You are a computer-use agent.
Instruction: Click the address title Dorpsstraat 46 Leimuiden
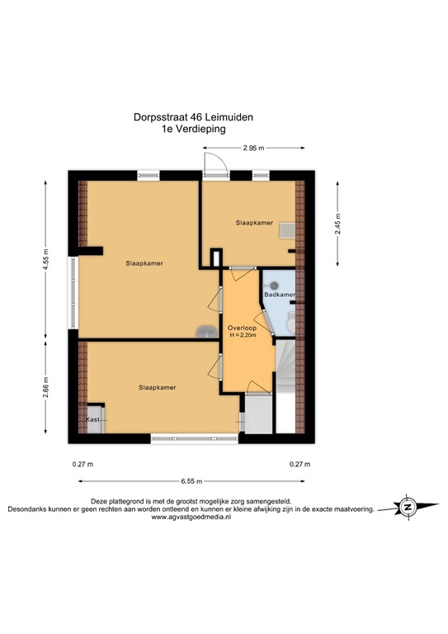click(x=194, y=117)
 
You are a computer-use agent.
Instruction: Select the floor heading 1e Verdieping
click(x=194, y=129)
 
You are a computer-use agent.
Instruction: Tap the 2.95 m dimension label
click(x=253, y=149)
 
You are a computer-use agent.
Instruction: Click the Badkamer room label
click(x=279, y=295)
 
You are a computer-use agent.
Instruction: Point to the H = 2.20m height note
click(x=242, y=336)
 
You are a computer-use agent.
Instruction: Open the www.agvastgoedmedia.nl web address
click(x=191, y=518)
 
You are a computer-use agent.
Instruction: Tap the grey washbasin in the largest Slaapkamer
click(x=204, y=331)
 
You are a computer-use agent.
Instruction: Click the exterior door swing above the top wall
click(x=211, y=161)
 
